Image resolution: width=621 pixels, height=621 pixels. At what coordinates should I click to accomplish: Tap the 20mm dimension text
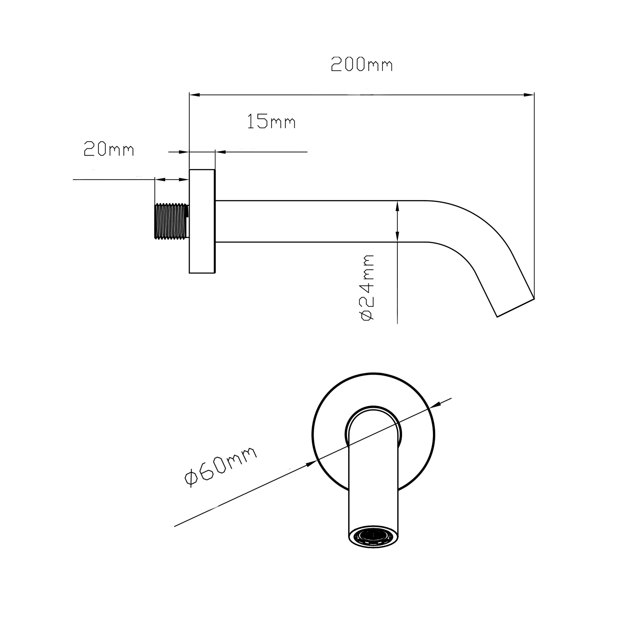click(109, 149)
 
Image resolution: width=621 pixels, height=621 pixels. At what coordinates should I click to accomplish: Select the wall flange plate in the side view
click(202, 221)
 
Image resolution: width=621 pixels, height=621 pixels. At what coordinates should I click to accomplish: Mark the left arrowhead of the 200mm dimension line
click(194, 95)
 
